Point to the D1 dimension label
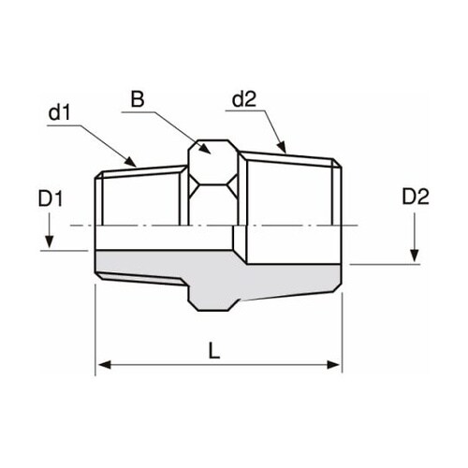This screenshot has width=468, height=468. coord(51,198)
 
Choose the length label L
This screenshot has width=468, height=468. coord(214,351)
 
